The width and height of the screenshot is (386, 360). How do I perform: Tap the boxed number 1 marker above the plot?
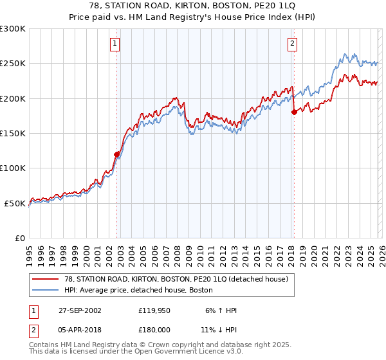(x=115, y=44)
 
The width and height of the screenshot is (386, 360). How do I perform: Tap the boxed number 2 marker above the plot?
(x=292, y=44)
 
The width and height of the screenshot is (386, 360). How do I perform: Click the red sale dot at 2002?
(x=117, y=154)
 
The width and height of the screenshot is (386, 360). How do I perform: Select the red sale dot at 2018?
(x=294, y=112)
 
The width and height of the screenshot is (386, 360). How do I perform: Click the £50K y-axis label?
(x=15, y=203)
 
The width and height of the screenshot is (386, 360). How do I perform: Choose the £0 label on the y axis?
(x=21, y=238)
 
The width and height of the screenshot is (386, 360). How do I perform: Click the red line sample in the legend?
(x=46, y=278)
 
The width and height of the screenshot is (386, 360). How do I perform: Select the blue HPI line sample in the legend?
(x=46, y=289)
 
